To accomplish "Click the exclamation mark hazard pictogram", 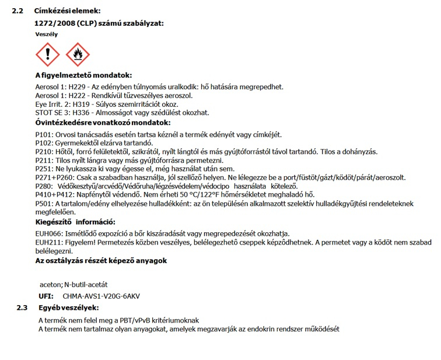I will pos(47,54).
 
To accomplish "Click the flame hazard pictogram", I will pos(78,54).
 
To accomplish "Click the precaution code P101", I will pos(44,134).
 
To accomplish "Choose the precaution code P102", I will pos(44,142).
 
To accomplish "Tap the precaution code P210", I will pos(44,151).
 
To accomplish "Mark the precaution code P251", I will pos(44,169).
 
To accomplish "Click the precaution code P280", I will pos(44,186).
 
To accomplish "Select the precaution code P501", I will pos(44,203).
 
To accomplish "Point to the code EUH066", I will pos(48,233).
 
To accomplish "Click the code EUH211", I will pos(48,242).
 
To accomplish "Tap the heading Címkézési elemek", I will pos(67,11).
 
